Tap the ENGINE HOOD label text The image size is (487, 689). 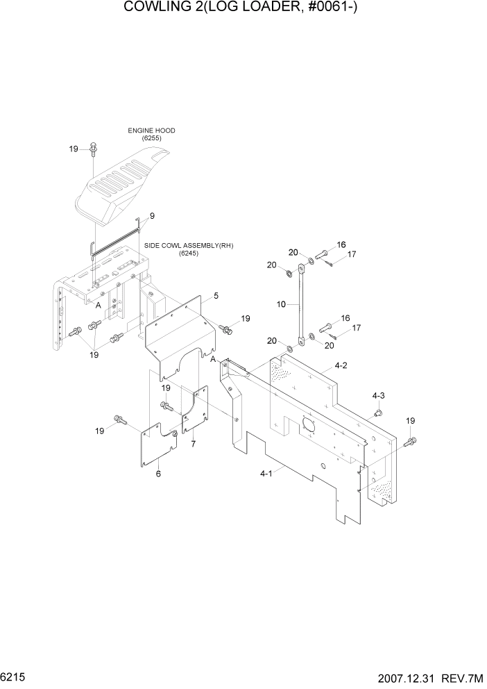pos(151,131)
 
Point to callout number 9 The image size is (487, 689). pos(152,216)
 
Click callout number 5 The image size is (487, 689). pos(216,296)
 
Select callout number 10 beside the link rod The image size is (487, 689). pos(280,304)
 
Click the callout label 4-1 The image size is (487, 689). pos(265,473)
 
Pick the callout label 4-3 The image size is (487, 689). pos(378,395)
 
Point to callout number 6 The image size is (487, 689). pos(158,474)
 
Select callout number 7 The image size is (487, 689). pos(194,443)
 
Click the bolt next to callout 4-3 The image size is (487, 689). pos(379,413)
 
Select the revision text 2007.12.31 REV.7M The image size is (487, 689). pos(431,676)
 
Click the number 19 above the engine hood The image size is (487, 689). pos(74,149)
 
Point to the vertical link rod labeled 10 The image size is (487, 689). pos(301,306)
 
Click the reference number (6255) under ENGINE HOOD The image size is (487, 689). pos(151,139)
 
